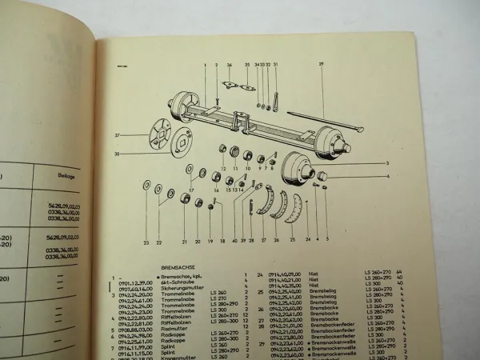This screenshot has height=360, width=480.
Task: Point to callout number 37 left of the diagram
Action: [x=116, y=135]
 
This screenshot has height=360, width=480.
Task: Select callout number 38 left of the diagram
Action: [x=116, y=154]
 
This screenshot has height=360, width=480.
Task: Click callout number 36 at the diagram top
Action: [x=229, y=65]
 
